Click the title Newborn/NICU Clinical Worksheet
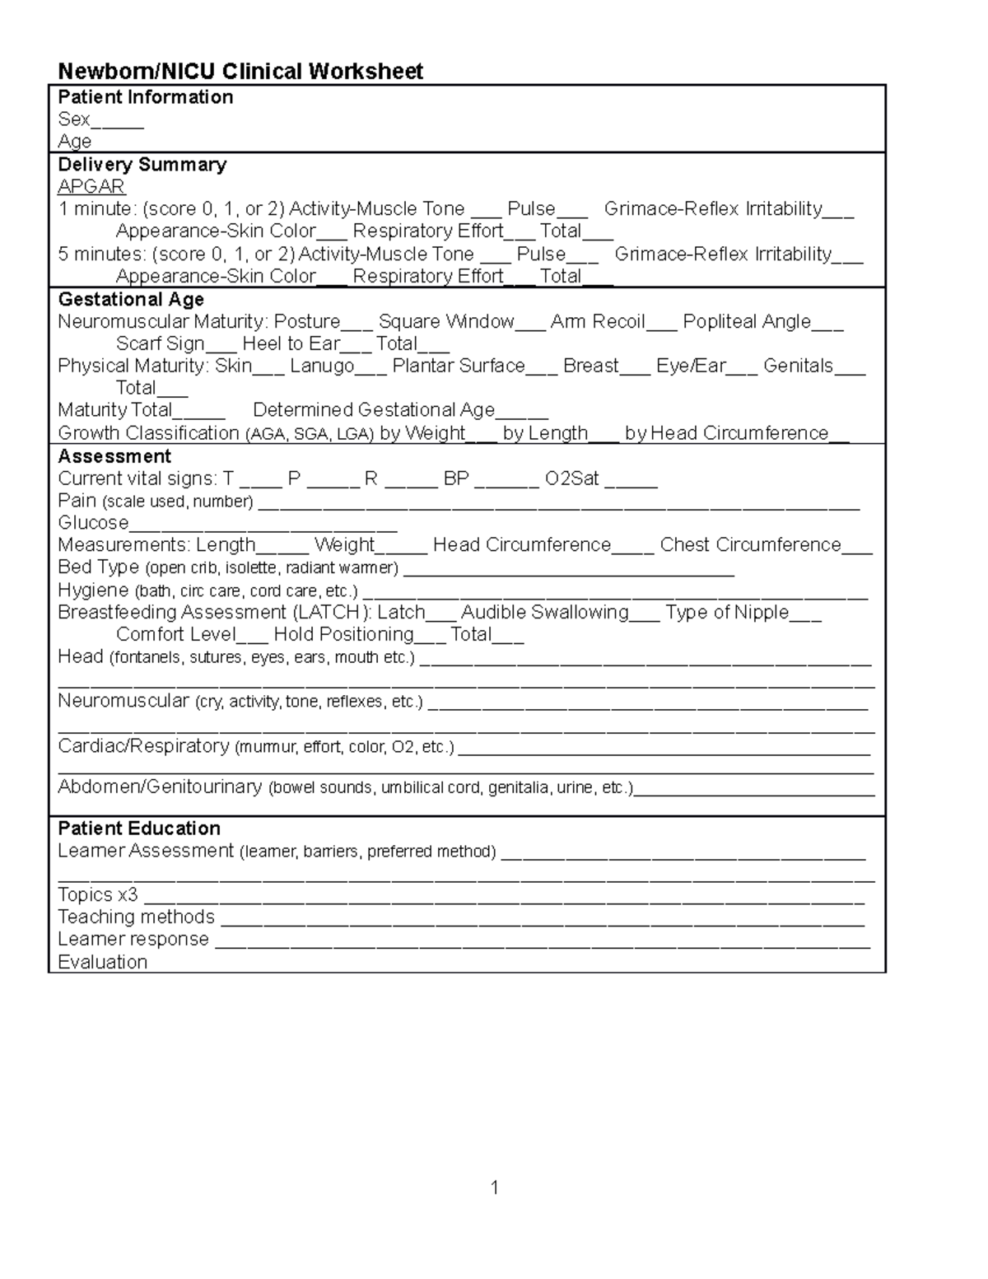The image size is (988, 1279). pyautogui.click(x=240, y=72)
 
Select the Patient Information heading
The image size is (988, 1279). pyautogui.click(x=145, y=97)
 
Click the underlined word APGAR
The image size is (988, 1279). pyautogui.click(x=91, y=187)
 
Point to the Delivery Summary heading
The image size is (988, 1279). pyautogui.click(x=142, y=165)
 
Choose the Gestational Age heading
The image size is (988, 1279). pyautogui.click(x=130, y=300)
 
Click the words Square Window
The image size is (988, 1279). pyautogui.click(x=445, y=321)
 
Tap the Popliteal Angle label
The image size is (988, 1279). pyautogui.click(x=746, y=321)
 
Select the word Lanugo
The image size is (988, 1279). pyautogui.click(x=321, y=366)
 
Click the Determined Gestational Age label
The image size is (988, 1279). pyautogui.click(x=373, y=410)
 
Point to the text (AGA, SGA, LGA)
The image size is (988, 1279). pyautogui.click(x=309, y=434)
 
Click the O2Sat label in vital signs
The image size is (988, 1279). pyautogui.click(x=571, y=478)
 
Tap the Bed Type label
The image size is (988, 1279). pyautogui.click(x=98, y=567)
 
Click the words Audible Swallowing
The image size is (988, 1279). pyautogui.click(x=544, y=612)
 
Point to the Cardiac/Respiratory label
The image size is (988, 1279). pyautogui.click(x=143, y=746)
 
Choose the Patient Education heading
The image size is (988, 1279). pyautogui.click(x=138, y=829)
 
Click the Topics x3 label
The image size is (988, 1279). pyautogui.click(x=97, y=895)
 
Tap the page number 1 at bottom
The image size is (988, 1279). pyautogui.click(x=494, y=1187)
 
